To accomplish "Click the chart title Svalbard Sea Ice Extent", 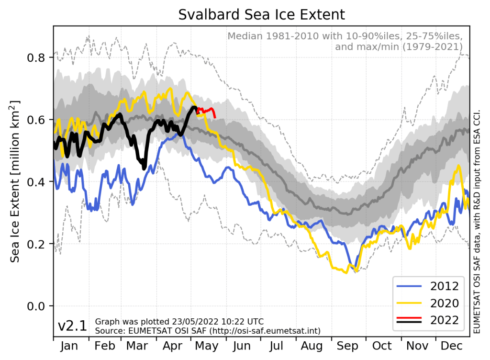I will (261, 14).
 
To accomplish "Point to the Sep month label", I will (347, 346).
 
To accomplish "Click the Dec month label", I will (452, 346).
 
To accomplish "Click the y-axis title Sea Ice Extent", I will (15, 182).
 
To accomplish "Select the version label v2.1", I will (72, 326).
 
